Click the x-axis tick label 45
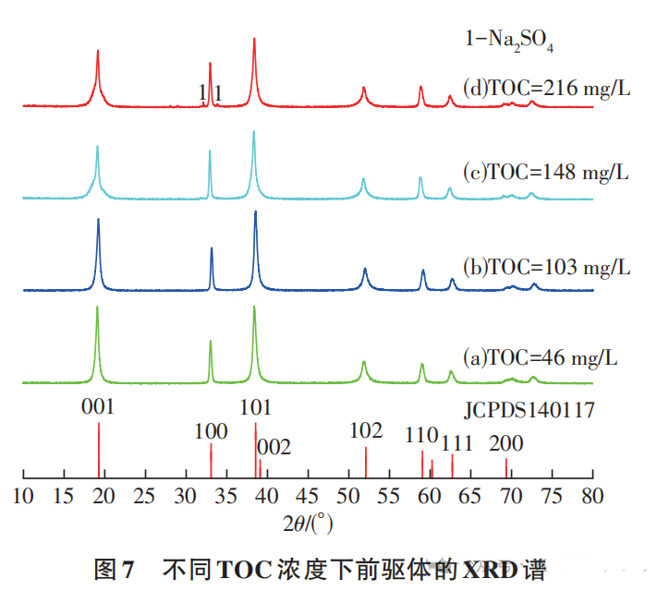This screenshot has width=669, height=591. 308,496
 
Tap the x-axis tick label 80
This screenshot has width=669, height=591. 591,496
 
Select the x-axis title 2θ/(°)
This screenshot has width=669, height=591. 309,525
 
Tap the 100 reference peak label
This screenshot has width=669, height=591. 211,431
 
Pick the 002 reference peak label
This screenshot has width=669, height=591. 274,448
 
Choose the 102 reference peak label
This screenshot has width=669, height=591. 366,431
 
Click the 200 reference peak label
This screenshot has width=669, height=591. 506,443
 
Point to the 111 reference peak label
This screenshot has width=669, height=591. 456,443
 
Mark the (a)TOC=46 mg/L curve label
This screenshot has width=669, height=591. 541,357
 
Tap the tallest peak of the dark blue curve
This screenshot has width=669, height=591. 255,214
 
